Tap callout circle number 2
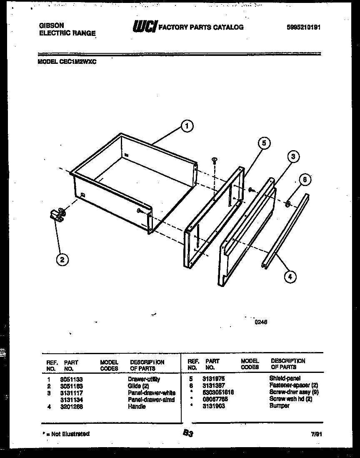62,259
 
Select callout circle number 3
293,157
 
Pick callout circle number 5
263,143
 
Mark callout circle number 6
305,180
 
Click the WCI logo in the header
144,27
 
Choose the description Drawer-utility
144,379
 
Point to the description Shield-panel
285,378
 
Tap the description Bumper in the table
279,405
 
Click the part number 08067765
215,399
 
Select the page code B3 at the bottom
187,434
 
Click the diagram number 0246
261,322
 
